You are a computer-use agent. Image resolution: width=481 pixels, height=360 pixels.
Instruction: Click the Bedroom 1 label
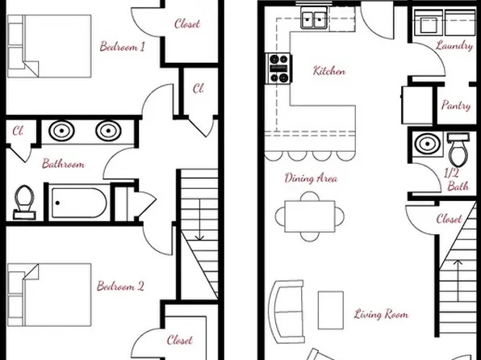[122, 47]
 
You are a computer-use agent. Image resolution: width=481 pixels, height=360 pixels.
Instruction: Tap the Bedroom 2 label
[121, 286]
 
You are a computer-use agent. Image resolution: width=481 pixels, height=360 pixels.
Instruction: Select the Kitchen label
[329, 71]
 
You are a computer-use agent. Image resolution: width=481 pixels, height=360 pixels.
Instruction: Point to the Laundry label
[454, 46]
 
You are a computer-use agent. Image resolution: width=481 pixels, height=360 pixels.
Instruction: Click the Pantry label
[456, 106]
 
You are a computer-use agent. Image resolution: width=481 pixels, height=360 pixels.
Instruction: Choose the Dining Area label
[311, 178]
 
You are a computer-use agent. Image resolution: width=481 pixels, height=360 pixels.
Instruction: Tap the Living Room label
[381, 314]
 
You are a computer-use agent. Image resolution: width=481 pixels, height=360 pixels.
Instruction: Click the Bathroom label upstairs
[63, 164]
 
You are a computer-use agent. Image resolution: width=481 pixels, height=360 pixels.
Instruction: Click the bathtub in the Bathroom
[77, 202]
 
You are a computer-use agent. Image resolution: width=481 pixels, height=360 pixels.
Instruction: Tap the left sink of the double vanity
[61, 130]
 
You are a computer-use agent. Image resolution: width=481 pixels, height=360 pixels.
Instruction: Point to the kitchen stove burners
[278, 69]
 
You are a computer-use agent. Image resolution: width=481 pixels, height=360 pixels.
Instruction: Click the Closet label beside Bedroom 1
[187, 24]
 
